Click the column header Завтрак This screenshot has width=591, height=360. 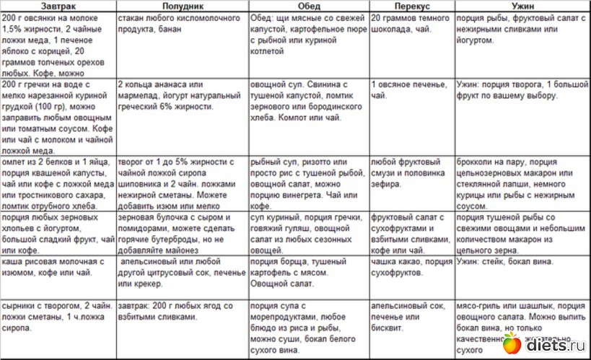click(x=58, y=5)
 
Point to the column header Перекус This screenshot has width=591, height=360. click(x=411, y=5)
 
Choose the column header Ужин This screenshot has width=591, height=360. click(x=521, y=5)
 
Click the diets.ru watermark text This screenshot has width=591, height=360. click(x=555, y=345)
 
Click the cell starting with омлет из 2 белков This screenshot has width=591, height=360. click(x=58, y=180)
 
